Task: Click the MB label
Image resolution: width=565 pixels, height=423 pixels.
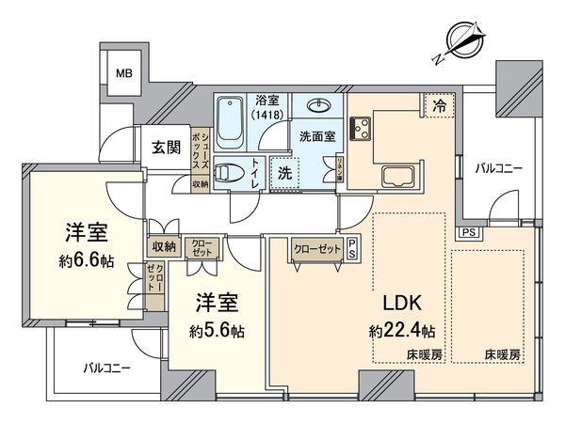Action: coord(123,73)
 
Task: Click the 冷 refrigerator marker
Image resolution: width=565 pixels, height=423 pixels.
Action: coord(438,107)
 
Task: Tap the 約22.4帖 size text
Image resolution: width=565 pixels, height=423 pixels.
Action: coord(402,330)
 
